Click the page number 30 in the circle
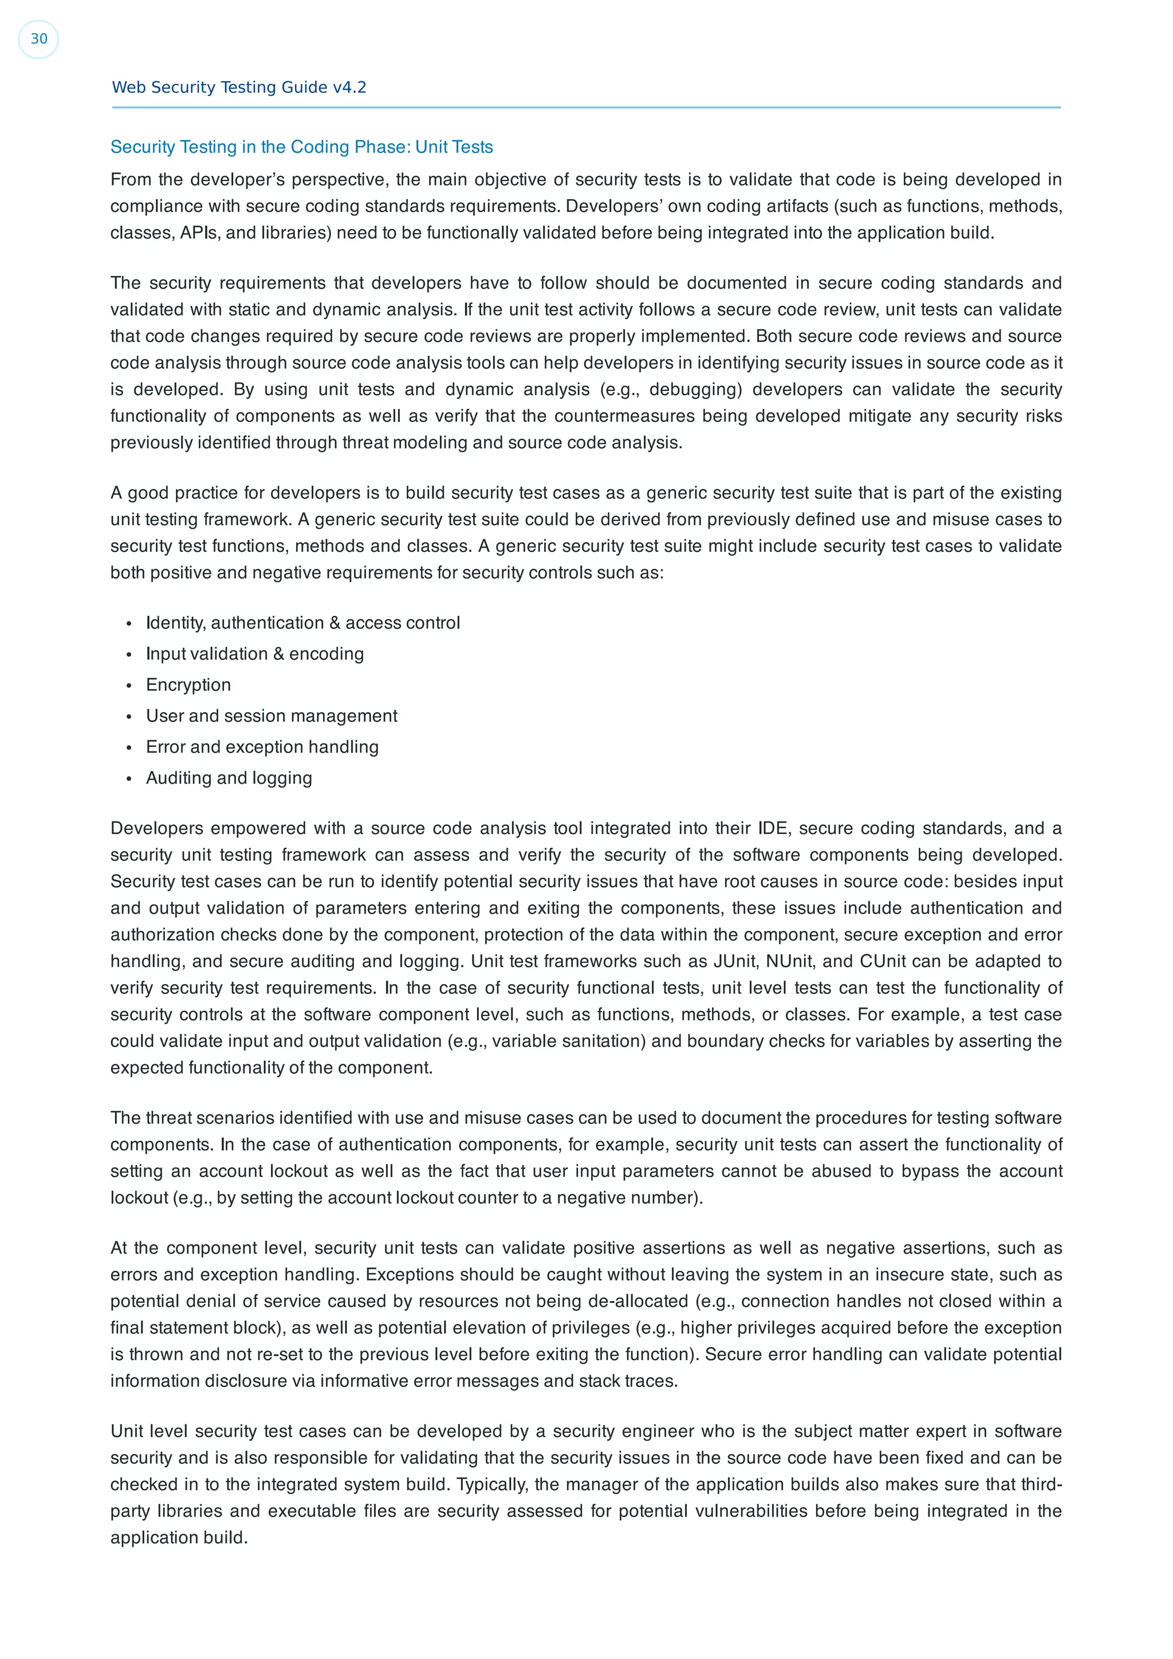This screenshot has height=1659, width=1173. pyautogui.click(x=38, y=39)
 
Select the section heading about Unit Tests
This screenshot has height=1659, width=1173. pyautogui.click(x=301, y=147)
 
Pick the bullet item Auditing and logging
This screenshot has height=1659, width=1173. pyautogui.click(x=229, y=777)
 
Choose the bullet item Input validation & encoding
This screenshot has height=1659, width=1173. pyautogui.click(x=254, y=653)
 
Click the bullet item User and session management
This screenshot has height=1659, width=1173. pyautogui.click(x=271, y=716)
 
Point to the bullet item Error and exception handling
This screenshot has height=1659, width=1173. pyautogui.click(x=262, y=746)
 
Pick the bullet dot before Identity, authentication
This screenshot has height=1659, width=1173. pyautogui.click(x=129, y=623)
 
